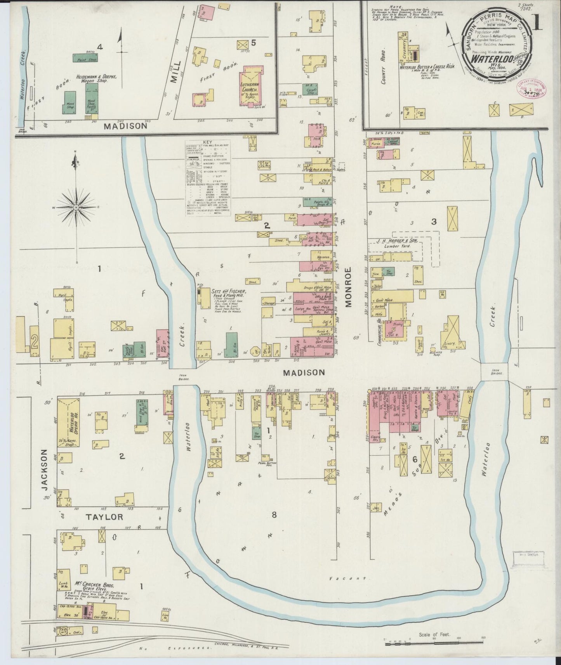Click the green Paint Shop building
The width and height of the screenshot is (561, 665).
(85, 58)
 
